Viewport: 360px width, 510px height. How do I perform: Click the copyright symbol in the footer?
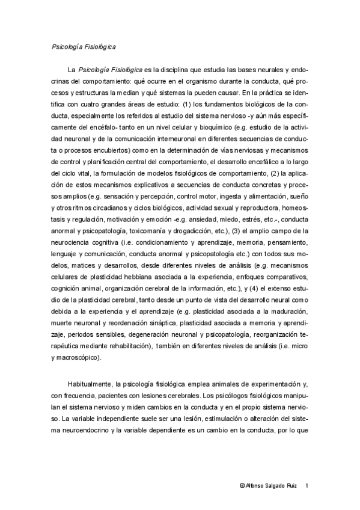coord(242,485)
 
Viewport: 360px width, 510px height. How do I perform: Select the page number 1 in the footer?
coord(308,485)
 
